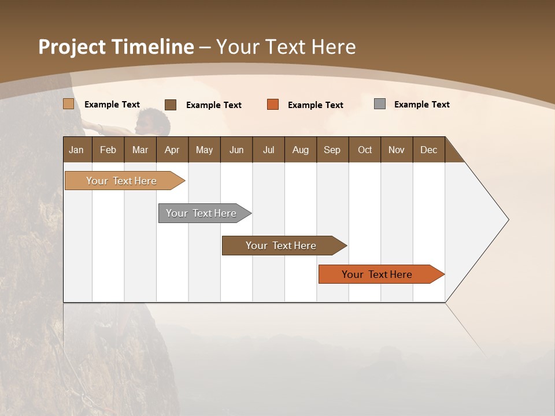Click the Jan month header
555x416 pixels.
(76, 150)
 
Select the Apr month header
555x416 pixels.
(172, 150)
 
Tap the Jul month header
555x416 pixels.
(268, 150)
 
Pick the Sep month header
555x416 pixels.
(332, 150)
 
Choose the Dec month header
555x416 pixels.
(428, 150)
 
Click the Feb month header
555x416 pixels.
(108, 150)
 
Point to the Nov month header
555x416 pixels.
(396, 150)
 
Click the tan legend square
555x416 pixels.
(69, 104)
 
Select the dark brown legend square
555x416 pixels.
(171, 105)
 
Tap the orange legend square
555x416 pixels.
(273, 105)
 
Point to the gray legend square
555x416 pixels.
(380, 104)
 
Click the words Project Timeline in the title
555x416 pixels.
(116, 47)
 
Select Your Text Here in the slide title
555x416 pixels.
(286, 47)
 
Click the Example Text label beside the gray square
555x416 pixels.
(421, 105)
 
